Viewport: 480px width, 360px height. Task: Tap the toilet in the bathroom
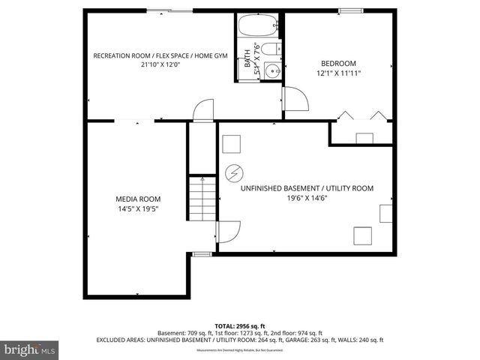tap(274, 50)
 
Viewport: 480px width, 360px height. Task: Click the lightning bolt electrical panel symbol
tap(232, 172)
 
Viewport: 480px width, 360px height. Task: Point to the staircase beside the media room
tap(201, 200)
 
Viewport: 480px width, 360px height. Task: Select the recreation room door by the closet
tap(202, 110)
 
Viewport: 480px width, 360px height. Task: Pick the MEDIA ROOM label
tap(138, 199)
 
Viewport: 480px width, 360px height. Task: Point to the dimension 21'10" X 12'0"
tap(160, 64)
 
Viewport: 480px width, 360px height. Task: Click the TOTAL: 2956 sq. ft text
tap(239, 325)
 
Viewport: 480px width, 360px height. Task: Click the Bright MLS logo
tap(30, 349)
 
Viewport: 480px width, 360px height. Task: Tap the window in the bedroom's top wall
tap(349, 10)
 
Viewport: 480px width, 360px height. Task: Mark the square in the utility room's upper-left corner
tap(232, 143)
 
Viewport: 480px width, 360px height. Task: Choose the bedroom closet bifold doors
tap(364, 116)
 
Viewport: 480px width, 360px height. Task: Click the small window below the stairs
tap(201, 254)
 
